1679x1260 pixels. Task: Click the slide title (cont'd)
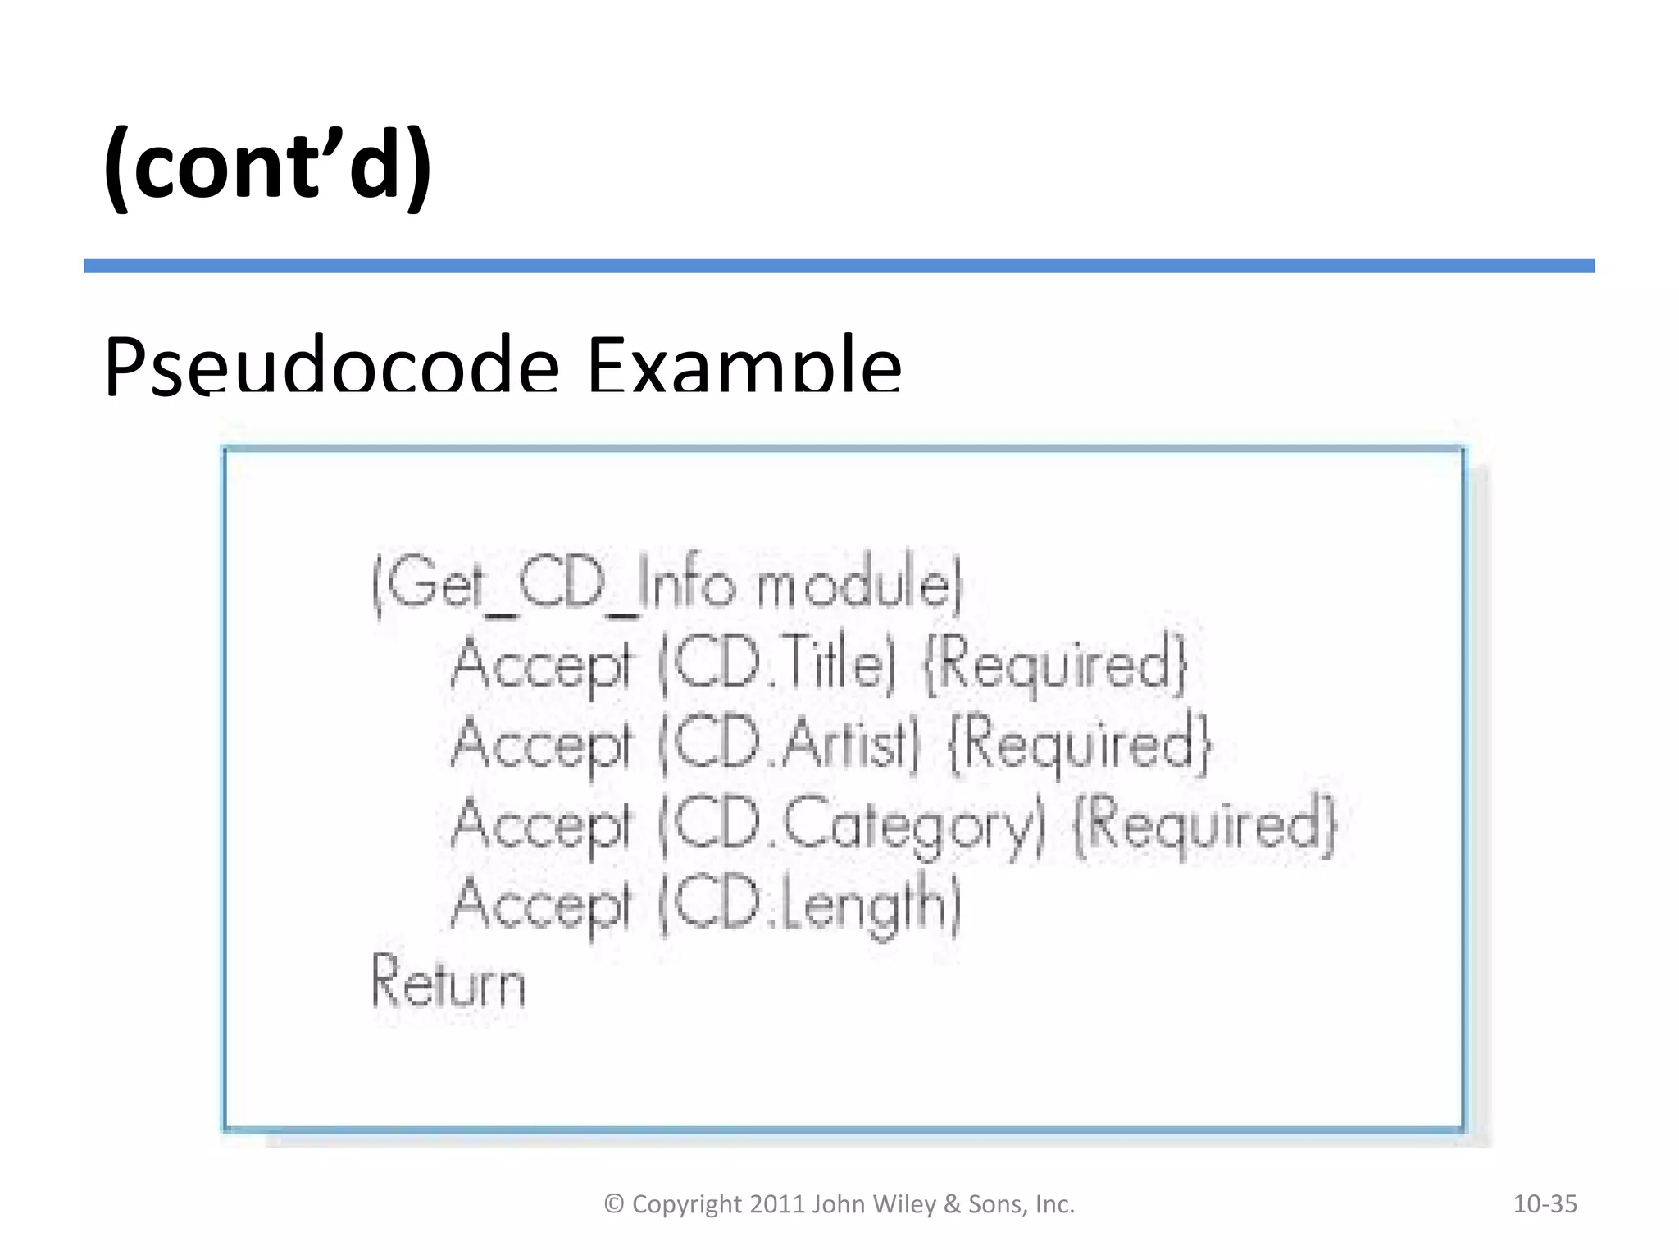pyautogui.click(x=267, y=167)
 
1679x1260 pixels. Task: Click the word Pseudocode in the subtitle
pyautogui.click(x=332, y=365)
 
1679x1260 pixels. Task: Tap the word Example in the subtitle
pyautogui.click(x=744, y=365)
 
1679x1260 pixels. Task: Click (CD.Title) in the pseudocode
pyautogui.click(x=777, y=664)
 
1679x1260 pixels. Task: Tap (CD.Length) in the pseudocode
pyautogui.click(x=810, y=904)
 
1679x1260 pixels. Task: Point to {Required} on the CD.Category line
pyautogui.click(x=1205, y=825)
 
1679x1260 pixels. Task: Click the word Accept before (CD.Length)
pyautogui.click(x=542, y=904)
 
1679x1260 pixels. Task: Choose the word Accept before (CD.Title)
pyautogui.click(x=542, y=664)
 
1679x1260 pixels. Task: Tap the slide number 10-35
pyautogui.click(x=1545, y=1204)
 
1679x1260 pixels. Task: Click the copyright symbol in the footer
pyautogui.click(x=614, y=1204)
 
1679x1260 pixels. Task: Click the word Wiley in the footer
pyautogui.click(x=904, y=1204)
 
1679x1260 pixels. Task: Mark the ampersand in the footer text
pyautogui.click(x=952, y=1204)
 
